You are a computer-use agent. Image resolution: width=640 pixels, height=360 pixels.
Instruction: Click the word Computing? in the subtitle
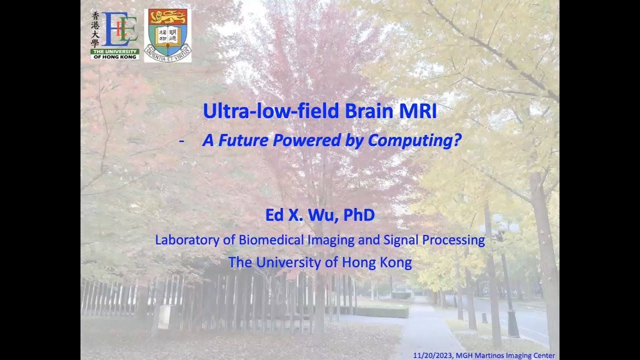(x=414, y=141)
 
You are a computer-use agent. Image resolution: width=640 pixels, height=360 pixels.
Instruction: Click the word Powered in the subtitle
(x=307, y=141)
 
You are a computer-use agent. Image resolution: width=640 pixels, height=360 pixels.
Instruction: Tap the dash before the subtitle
(x=181, y=141)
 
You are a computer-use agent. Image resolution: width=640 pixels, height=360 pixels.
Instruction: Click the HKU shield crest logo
(x=167, y=35)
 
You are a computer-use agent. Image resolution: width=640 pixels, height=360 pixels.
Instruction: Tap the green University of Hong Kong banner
(x=114, y=54)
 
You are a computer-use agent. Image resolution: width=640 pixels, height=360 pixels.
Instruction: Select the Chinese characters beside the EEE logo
(x=96, y=30)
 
